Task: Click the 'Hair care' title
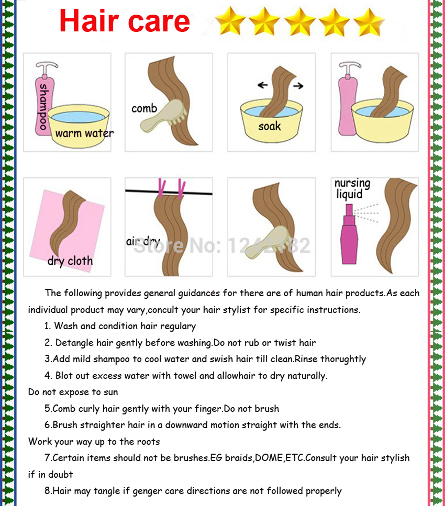coord(125,21)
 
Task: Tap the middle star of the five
coord(300,21)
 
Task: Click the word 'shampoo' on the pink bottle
coord(43,107)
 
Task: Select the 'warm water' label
coord(84,132)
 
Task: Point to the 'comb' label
coord(144,108)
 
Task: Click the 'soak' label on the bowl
coord(270,126)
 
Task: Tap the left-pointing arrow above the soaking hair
coord(262,85)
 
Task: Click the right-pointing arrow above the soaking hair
coord(298,85)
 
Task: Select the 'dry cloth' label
coord(70,261)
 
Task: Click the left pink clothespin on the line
coord(161,188)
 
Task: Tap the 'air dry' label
coord(143,241)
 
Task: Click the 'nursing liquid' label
coord(352,189)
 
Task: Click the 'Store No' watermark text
coord(222,245)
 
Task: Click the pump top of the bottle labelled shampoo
coord(46,68)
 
